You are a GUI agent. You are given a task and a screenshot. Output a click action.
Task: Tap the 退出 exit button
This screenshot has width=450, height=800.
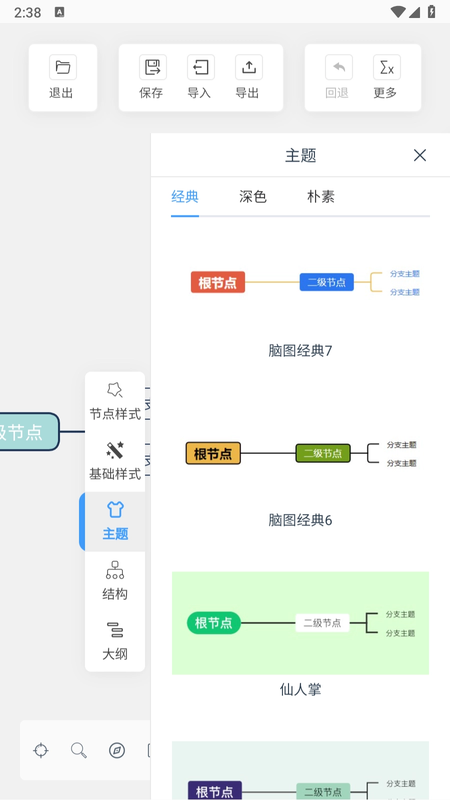(62, 77)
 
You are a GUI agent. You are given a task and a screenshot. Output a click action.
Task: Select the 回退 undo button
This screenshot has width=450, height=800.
(338, 77)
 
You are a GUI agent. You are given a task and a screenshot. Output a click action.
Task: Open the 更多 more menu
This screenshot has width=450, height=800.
(386, 77)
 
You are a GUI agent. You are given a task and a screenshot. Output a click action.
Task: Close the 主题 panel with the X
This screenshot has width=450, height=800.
(419, 155)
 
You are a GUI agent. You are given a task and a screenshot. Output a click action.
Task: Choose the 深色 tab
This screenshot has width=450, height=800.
(252, 197)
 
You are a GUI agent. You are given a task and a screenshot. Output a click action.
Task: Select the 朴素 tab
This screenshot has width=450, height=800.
(320, 197)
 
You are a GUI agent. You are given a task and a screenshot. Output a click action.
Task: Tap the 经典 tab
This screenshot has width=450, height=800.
(185, 197)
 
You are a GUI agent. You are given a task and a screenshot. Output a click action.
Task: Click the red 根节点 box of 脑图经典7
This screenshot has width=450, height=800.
(217, 282)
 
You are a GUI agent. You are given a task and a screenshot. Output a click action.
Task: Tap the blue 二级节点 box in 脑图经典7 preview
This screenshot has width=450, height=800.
(326, 282)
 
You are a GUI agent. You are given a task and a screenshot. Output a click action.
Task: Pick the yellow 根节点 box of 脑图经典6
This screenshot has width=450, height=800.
(213, 453)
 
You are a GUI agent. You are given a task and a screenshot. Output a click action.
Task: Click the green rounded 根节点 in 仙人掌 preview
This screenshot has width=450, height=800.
(213, 623)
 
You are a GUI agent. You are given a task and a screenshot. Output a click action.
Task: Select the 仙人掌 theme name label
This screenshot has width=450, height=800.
(300, 690)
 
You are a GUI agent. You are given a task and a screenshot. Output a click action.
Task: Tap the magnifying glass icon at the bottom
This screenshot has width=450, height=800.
(78, 750)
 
